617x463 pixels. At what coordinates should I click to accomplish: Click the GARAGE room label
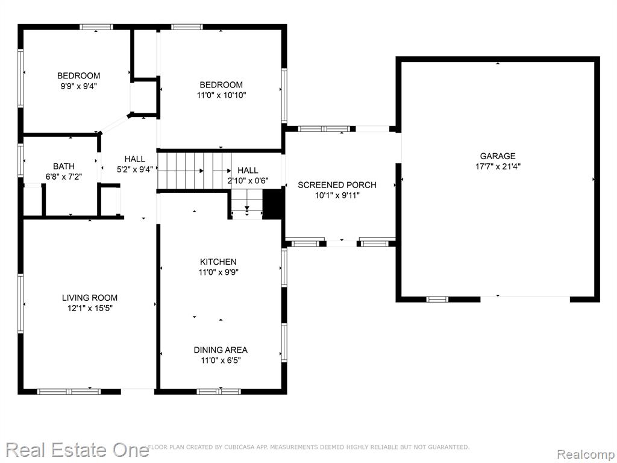coord(497,156)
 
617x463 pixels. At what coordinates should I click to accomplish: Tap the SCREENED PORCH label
coord(337,185)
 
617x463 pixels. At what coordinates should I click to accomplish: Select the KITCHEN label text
coord(218,262)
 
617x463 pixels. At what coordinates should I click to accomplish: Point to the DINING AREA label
coord(221,350)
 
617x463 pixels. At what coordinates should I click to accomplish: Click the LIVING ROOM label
coord(90,298)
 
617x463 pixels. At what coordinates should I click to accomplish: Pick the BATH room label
coord(64,166)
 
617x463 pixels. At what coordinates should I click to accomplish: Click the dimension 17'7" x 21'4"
coord(498,166)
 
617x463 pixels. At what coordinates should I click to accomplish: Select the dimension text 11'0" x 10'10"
coord(221,95)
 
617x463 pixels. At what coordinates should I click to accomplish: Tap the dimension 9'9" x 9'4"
coord(78,86)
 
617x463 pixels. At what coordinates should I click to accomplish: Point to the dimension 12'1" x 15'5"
coord(90,308)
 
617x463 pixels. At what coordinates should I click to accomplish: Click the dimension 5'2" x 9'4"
coord(134,169)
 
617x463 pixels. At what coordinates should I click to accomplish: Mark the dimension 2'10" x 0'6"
coord(248,181)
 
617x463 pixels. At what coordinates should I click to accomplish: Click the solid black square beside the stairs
coord(272,204)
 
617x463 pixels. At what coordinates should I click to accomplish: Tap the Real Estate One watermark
coord(78,450)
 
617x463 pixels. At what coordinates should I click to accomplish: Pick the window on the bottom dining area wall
coord(218,391)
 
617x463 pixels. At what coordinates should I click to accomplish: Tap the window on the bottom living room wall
coord(69,391)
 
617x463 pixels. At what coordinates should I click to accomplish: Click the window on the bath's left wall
coord(20,160)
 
